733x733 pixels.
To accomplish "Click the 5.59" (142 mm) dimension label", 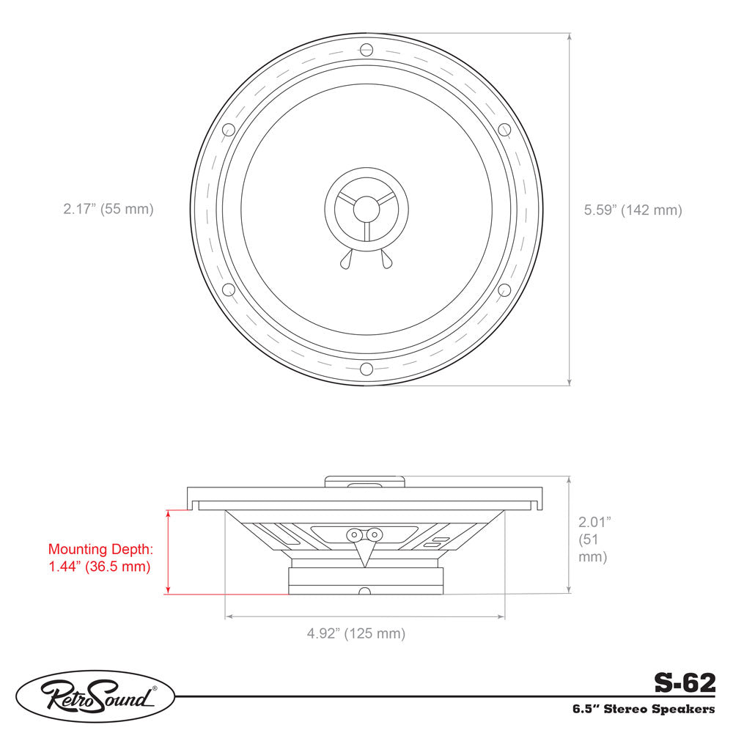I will [633, 210].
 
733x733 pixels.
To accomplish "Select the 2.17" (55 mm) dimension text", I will [108, 209].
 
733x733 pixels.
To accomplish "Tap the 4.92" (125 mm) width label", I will [356, 633].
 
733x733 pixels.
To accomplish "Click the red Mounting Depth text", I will [100, 557].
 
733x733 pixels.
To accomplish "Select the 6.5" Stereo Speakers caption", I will [644, 710].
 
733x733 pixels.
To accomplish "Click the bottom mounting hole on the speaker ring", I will [366, 369].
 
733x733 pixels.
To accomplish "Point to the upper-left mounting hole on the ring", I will [228, 130].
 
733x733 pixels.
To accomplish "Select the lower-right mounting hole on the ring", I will [504, 290].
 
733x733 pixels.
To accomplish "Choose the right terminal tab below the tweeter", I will [386, 259].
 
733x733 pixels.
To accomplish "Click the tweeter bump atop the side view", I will [365, 482].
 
